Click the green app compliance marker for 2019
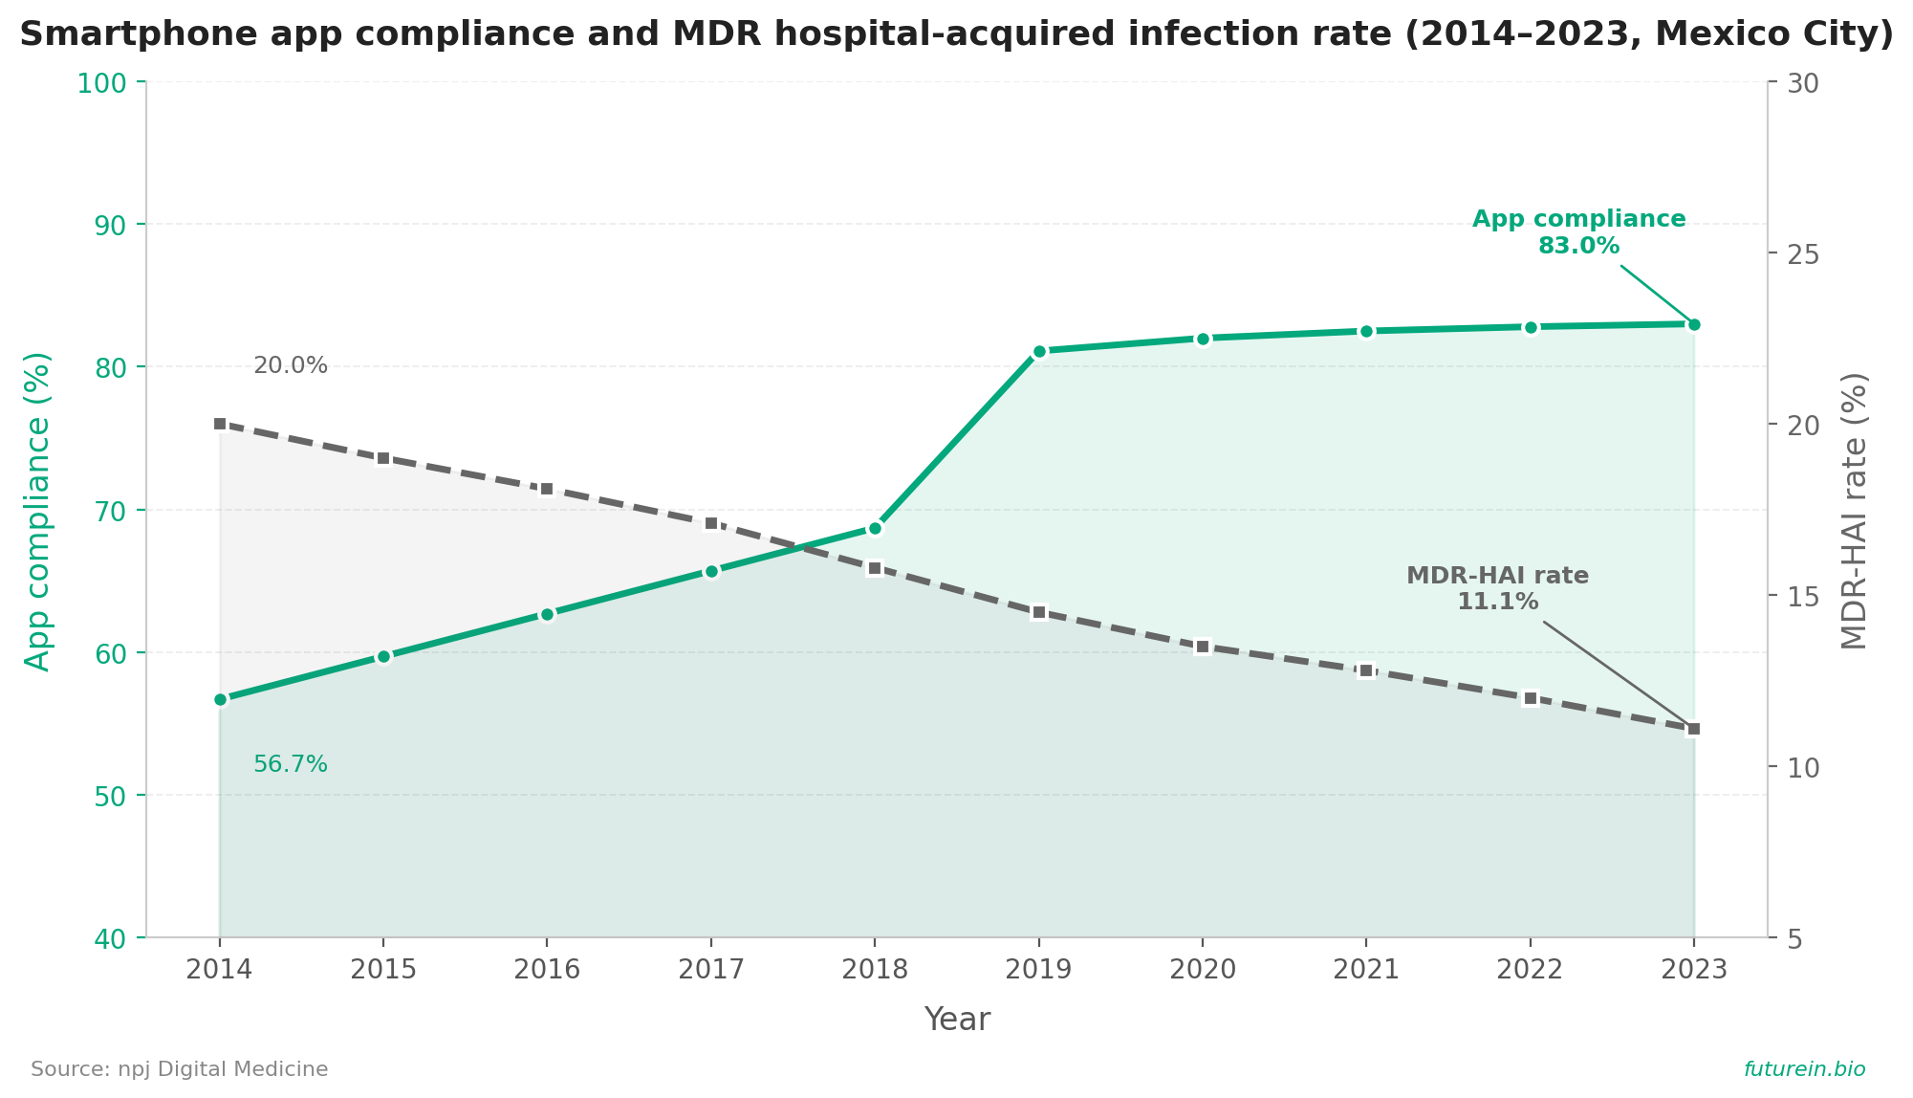(1039, 352)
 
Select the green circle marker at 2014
(220, 699)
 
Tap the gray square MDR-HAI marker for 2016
(547, 489)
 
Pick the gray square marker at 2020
(1203, 647)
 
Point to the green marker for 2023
(1694, 324)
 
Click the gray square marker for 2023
(1694, 729)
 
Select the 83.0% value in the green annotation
(1578, 246)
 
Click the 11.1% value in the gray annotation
(1497, 602)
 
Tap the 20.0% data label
(291, 365)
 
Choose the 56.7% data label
(291, 764)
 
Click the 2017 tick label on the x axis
(710, 970)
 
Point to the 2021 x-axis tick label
(1366, 970)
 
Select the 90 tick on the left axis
(119, 225)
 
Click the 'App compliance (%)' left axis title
(37, 511)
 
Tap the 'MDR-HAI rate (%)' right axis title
(1854, 511)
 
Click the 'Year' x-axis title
(957, 1020)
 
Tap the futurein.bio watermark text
(1804, 1069)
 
